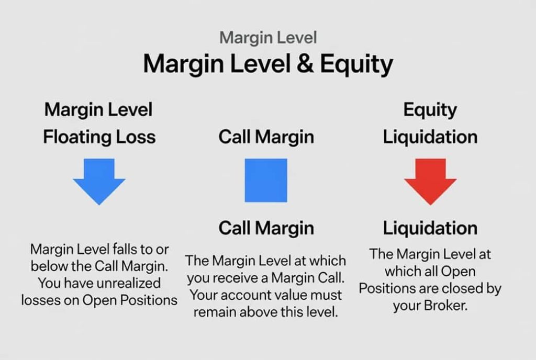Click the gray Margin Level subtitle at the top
pos(268,38)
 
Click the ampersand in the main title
pos(305,63)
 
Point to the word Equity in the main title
pos(356,65)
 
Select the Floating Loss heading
pos(99,137)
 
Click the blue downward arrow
pos(99,181)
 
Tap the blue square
pos(266,181)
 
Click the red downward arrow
pos(430,181)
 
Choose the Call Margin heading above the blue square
pos(266,137)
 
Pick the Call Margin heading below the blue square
pos(266,228)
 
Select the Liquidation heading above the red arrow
pos(430,137)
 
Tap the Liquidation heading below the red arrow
pos(430,228)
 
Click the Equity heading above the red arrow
pos(430,110)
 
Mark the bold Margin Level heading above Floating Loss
pos(98,110)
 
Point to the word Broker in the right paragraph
pos(445,306)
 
